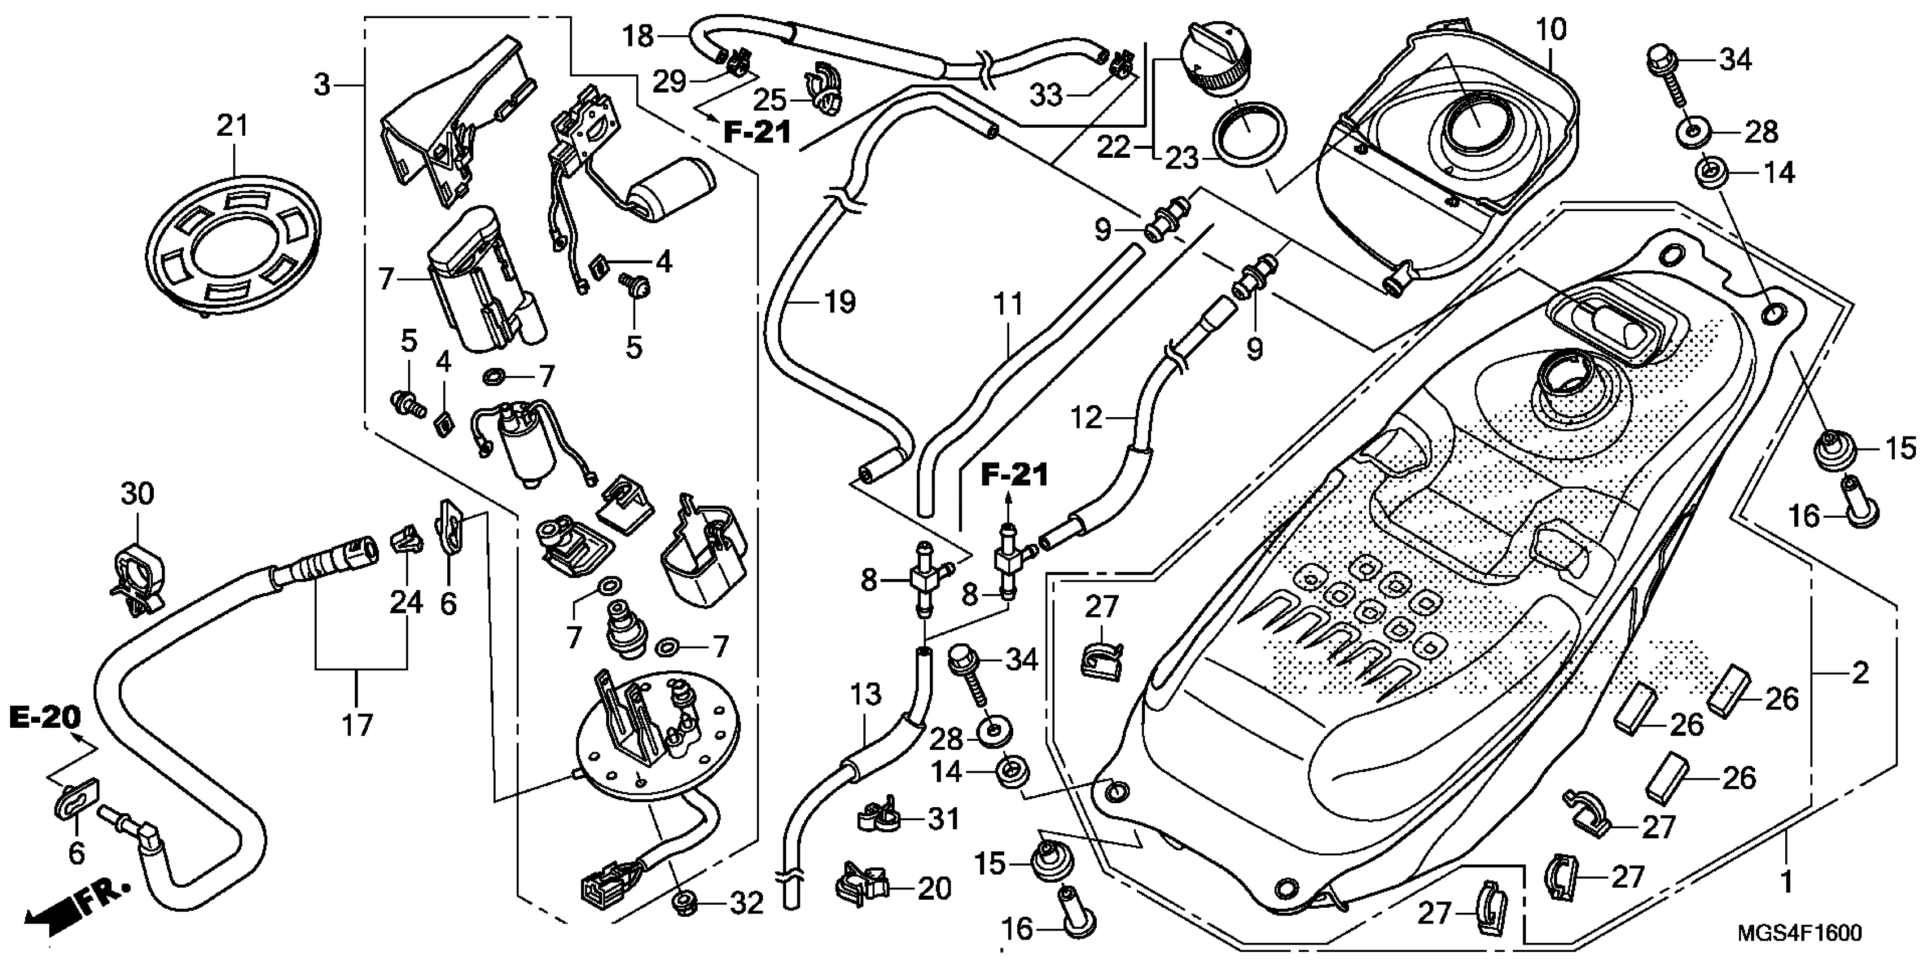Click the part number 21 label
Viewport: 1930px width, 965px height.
[232, 126]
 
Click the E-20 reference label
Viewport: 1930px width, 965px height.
[45, 717]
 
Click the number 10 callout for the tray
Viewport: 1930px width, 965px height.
[1550, 30]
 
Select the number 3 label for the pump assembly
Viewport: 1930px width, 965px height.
[322, 85]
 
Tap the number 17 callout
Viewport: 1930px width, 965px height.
[358, 725]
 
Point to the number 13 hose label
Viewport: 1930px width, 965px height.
[865, 695]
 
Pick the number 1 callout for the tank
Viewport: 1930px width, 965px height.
[1786, 882]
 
